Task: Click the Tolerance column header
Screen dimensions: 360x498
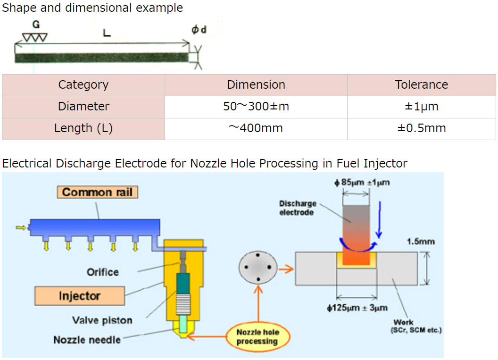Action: (421, 85)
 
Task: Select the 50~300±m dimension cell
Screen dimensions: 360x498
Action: (256, 107)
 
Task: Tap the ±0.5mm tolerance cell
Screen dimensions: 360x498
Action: (421, 128)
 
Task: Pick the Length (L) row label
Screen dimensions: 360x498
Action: (83, 128)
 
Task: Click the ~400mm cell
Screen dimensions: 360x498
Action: (256, 128)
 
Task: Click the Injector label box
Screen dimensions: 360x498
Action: (80, 296)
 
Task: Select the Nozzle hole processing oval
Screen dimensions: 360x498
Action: (257, 337)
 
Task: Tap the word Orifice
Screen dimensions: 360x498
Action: (103, 272)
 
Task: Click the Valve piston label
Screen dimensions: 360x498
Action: (102, 320)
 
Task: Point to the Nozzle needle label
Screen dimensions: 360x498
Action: (87, 340)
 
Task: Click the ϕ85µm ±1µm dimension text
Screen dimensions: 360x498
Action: (362, 183)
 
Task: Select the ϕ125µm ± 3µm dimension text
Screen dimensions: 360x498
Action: (357, 308)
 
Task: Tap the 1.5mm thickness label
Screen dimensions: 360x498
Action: (421, 242)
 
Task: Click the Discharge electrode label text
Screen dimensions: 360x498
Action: (298, 208)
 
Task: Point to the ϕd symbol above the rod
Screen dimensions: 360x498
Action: (199, 30)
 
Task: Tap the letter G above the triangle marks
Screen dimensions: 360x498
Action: (36, 25)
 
